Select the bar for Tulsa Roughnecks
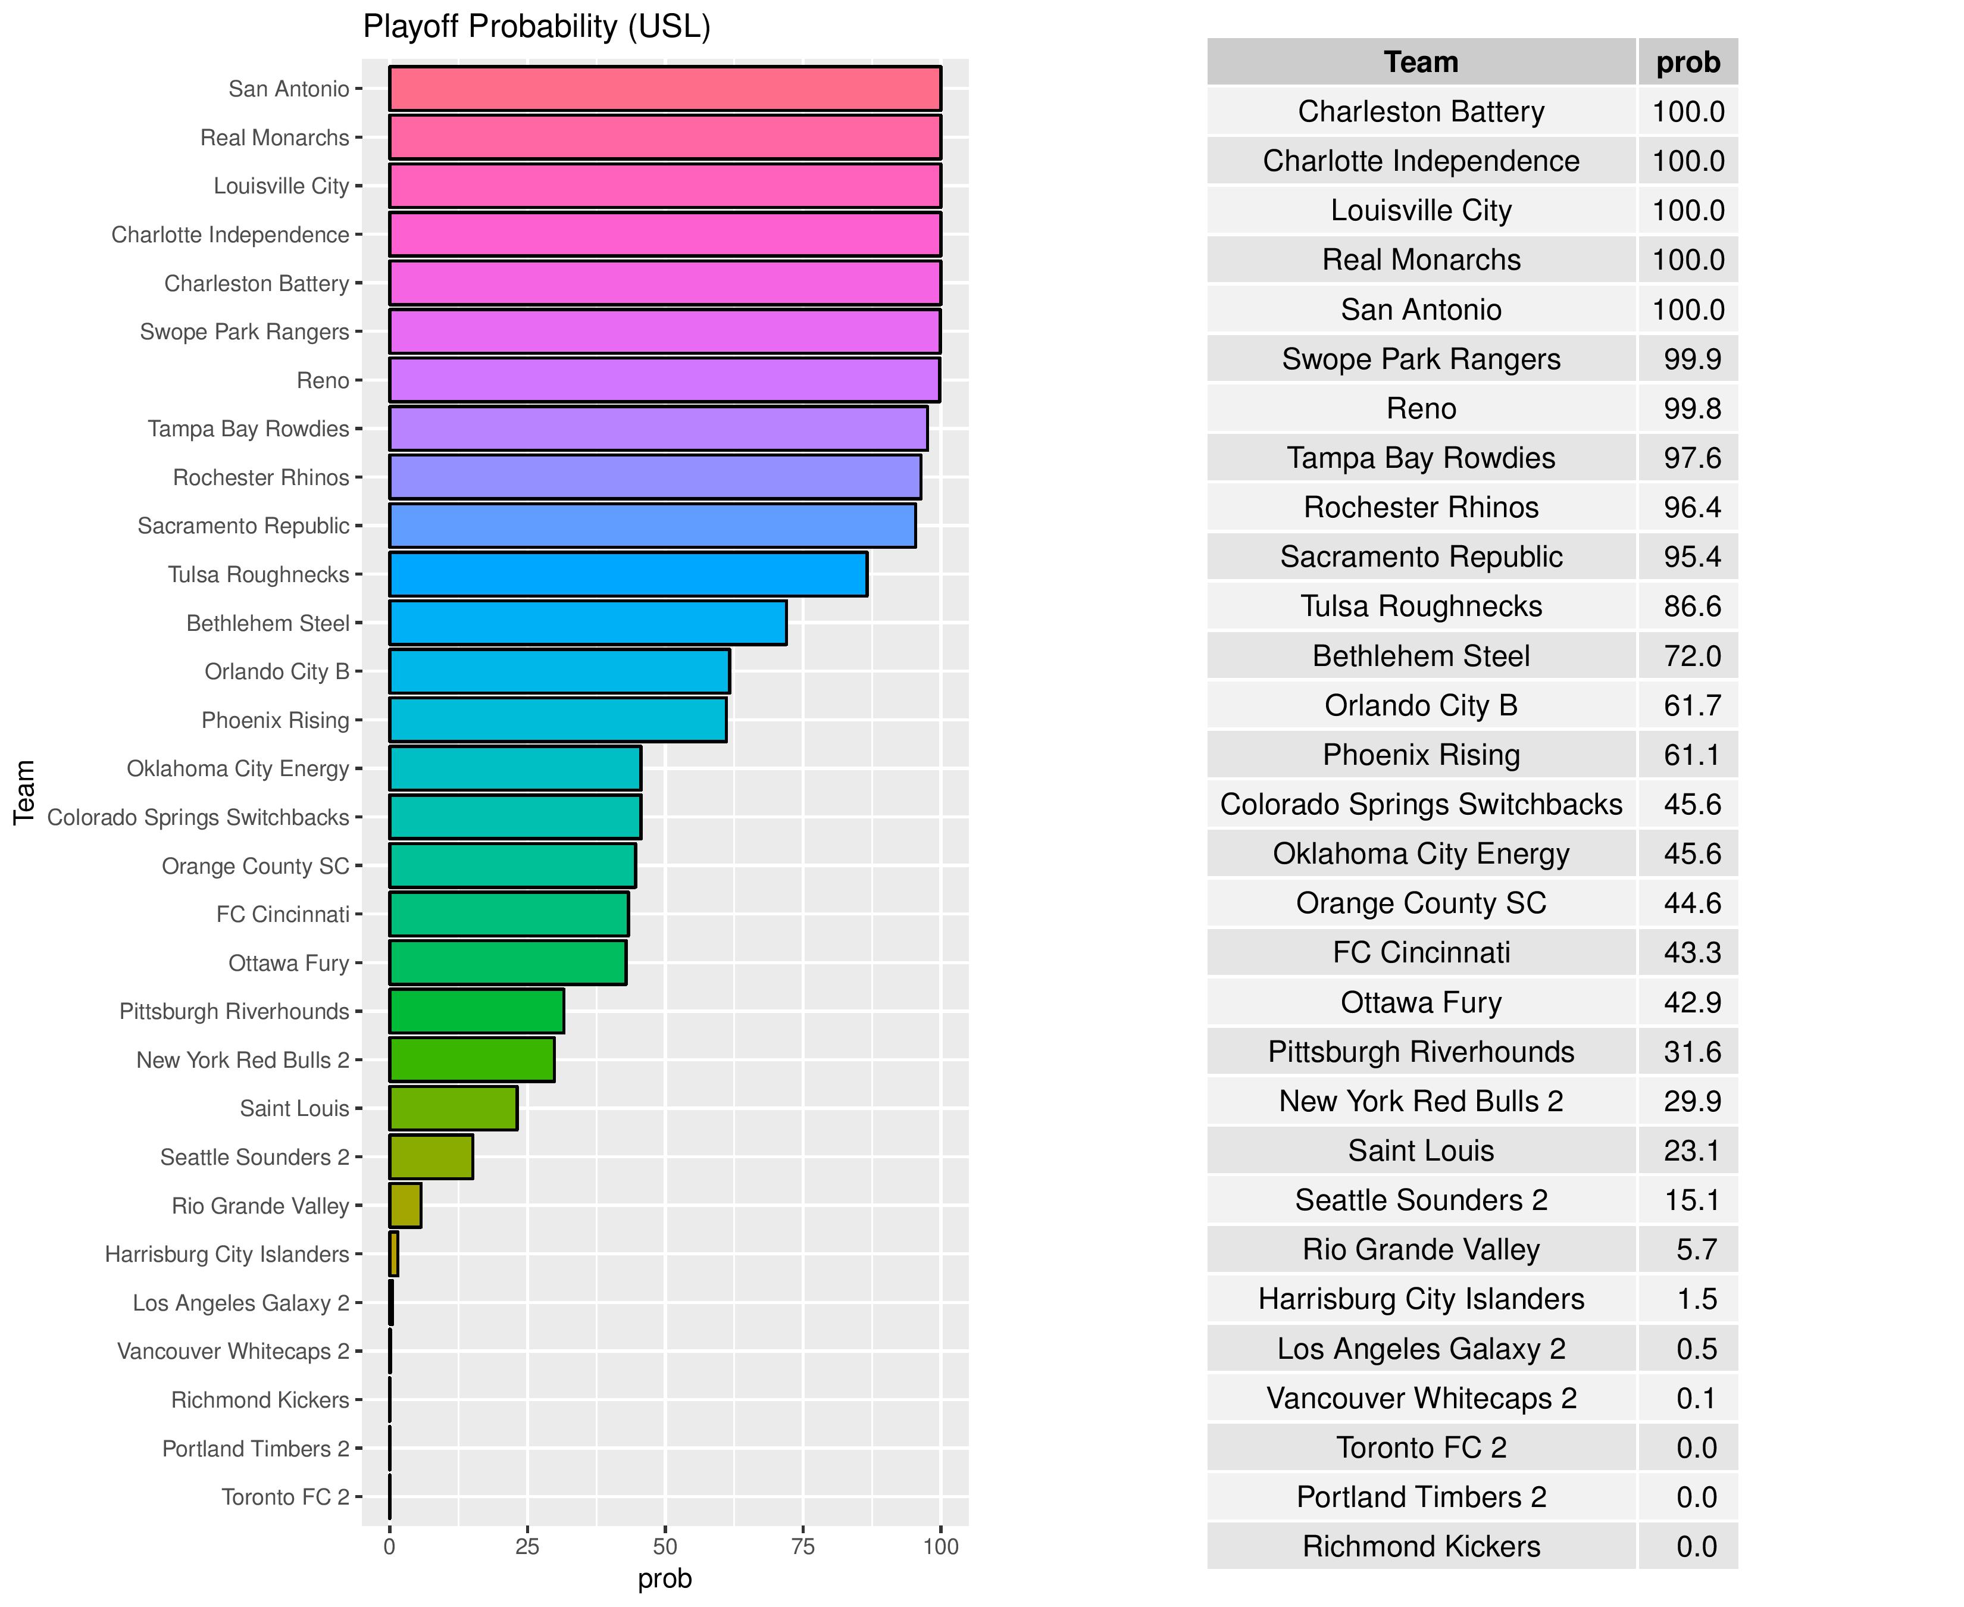(x=627, y=574)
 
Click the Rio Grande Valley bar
(x=405, y=1205)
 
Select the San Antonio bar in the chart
(x=665, y=89)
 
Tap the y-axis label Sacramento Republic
(x=243, y=526)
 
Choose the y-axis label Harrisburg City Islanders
(x=227, y=1254)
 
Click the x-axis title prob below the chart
(x=665, y=1579)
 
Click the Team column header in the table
(x=1421, y=62)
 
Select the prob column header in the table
(x=1687, y=62)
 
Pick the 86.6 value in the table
(x=1692, y=606)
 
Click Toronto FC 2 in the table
(x=1421, y=1447)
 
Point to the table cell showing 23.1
(x=1692, y=1150)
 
